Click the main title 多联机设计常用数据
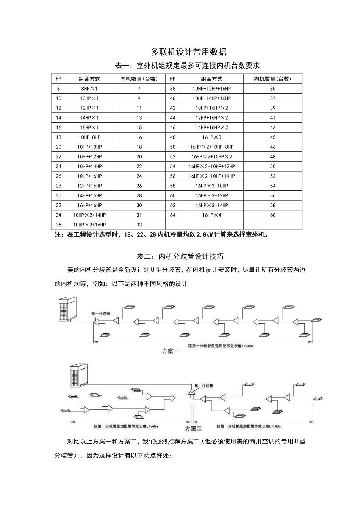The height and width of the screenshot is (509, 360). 188,52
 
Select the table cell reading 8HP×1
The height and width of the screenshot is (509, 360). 89,89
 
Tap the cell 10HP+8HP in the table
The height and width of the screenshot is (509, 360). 89,137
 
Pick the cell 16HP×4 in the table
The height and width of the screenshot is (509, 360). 211,215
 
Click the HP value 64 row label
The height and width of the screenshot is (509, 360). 173,215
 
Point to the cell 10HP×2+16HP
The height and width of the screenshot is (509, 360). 89,225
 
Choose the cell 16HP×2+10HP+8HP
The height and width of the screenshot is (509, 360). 211,147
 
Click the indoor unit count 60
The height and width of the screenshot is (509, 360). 273,215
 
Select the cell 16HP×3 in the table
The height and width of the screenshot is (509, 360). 211,137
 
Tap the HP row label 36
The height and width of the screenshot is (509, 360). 58,225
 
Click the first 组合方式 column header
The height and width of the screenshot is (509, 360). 89,79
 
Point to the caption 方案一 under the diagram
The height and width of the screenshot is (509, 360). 171,351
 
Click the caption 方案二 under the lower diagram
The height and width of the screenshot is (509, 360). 193,428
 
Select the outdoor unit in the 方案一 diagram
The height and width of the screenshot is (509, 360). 68,309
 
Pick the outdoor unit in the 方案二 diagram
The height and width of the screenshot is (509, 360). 78,375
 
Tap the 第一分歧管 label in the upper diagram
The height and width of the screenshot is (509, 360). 101,314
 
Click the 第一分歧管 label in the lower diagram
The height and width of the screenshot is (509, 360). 203,386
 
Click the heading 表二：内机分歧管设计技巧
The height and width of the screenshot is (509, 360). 188,256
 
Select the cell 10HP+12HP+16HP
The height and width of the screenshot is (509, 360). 211,89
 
